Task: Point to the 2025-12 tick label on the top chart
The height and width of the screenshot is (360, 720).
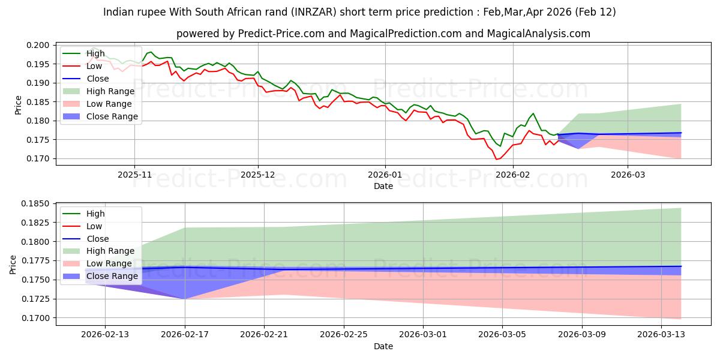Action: [258, 175]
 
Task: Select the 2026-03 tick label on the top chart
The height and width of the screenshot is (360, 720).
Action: [628, 175]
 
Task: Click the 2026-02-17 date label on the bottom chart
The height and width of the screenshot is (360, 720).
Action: [185, 334]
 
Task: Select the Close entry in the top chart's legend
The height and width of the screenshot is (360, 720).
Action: [98, 79]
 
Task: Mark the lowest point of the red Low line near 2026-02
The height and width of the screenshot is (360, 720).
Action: [496, 159]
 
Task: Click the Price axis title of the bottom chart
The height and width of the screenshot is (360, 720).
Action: [14, 263]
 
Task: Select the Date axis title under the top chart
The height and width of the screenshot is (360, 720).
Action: [383, 186]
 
